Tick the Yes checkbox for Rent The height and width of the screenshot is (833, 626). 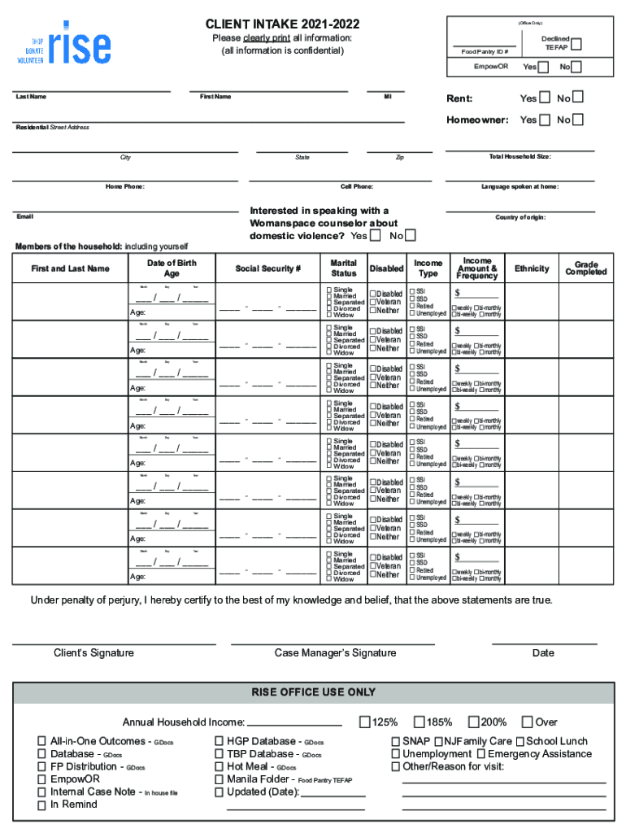(x=546, y=98)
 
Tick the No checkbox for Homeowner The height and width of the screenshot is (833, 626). (x=578, y=120)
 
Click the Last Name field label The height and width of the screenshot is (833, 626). (x=32, y=98)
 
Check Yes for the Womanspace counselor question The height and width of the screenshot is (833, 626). (x=375, y=236)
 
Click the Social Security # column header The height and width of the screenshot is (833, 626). (x=268, y=268)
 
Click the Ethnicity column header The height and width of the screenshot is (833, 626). (x=532, y=268)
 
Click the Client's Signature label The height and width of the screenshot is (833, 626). (x=93, y=653)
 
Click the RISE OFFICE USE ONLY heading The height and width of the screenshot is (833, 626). (x=313, y=692)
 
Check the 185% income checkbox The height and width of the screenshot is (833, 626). (x=419, y=722)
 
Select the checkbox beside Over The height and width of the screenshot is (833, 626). (x=528, y=722)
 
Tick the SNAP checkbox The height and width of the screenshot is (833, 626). (x=396, y=741)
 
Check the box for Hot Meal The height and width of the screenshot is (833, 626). (x=220, y=766)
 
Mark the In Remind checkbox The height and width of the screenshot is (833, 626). (x=41, y=805)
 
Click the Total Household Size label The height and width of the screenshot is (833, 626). (x=519, y=156)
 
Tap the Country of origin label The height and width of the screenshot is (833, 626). (x=520, y=217)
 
